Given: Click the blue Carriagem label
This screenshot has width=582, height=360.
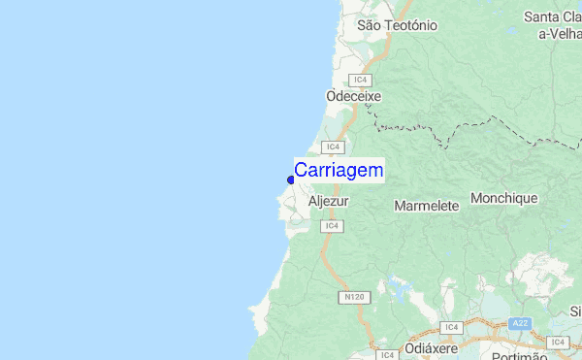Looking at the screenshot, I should click(339, 171).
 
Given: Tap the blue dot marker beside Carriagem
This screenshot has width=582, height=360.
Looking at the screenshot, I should click(291, 179).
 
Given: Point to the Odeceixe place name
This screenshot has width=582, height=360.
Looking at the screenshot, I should click(354, 97).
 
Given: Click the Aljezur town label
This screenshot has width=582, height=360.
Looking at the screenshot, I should click(328, 202).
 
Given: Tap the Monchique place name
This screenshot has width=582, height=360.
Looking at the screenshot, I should click(503, 199).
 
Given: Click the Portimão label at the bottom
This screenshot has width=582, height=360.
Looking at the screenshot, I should click(520, 355).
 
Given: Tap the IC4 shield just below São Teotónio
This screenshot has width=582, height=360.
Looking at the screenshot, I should click(361, 80).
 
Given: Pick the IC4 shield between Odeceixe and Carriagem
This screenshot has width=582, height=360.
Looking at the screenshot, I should click(333, 147).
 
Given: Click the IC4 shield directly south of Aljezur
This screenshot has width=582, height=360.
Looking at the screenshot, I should click(332, 225).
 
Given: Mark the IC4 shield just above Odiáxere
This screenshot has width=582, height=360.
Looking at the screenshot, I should click(450, 328).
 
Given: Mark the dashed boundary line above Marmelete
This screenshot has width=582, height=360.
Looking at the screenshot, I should click(436, 131).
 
